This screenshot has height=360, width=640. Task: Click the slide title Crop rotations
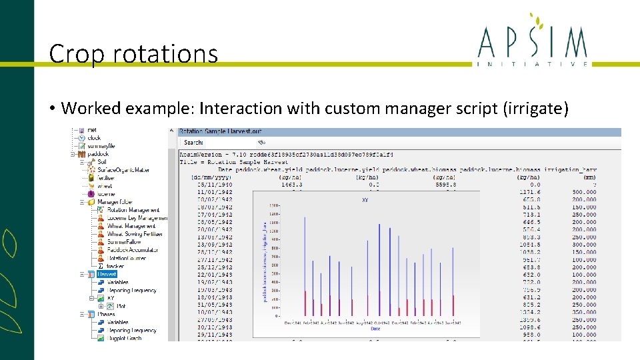(x=133, y=53)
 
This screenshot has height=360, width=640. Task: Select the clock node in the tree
(x=94, y=138)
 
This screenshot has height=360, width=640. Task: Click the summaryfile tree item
(x=101, y=146)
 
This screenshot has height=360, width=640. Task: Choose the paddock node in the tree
(x=97, y=154)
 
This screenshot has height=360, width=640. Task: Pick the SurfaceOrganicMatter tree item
(x=123, y=170)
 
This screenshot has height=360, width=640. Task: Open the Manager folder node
(x=115, y=202)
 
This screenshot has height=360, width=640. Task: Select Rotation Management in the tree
(x=133, y=210)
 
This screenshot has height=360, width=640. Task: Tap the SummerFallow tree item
(x=124, y=242)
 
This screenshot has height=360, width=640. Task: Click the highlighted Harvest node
(x=107, y=274)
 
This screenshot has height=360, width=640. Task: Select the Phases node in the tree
(x=106, y=314)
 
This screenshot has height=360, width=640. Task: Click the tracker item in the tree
(x=115, y=266)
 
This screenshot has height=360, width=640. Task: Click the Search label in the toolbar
(x=193, y=142)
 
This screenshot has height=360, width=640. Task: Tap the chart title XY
(x=365, y=199)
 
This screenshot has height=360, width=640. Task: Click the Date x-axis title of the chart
(x=375, y=329)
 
